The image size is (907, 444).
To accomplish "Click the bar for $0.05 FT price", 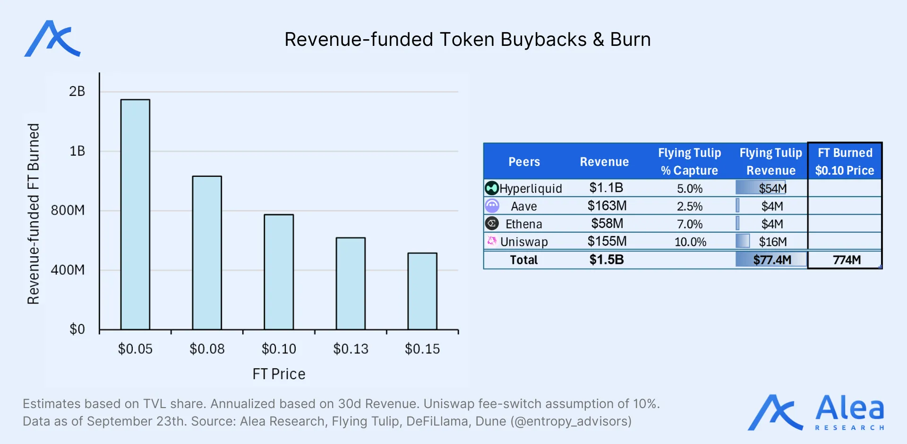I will coord(135,214).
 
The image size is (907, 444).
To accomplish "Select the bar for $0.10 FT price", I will coord(279,272).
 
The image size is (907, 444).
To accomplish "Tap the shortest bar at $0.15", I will coord(422,291).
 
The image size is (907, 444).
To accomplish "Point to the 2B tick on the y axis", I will coord(77,91).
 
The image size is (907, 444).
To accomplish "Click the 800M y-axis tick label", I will coord(68,210).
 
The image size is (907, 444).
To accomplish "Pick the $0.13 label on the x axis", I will coord(351,349).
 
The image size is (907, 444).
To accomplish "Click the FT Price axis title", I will coord(279,374).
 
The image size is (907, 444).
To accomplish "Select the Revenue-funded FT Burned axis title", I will coord(33,214).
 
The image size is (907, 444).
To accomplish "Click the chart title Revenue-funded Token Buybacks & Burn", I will coord(467,40).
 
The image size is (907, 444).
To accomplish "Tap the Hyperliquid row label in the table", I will coord(531,189).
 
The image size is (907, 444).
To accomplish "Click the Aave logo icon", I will coord(492,206).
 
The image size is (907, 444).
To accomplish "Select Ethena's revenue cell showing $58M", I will coord(607,224).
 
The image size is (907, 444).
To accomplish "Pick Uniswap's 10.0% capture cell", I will coord(690,242).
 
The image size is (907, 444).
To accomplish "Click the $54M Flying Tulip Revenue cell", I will coord(772,188).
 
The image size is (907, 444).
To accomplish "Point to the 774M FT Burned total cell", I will coord(846,260).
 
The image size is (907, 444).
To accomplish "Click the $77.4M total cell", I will coord(772,260).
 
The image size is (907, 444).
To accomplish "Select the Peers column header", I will coord(524,162).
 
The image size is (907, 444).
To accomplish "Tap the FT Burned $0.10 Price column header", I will coord(845,161).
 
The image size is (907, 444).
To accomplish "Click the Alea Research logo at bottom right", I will coord(816,412).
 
